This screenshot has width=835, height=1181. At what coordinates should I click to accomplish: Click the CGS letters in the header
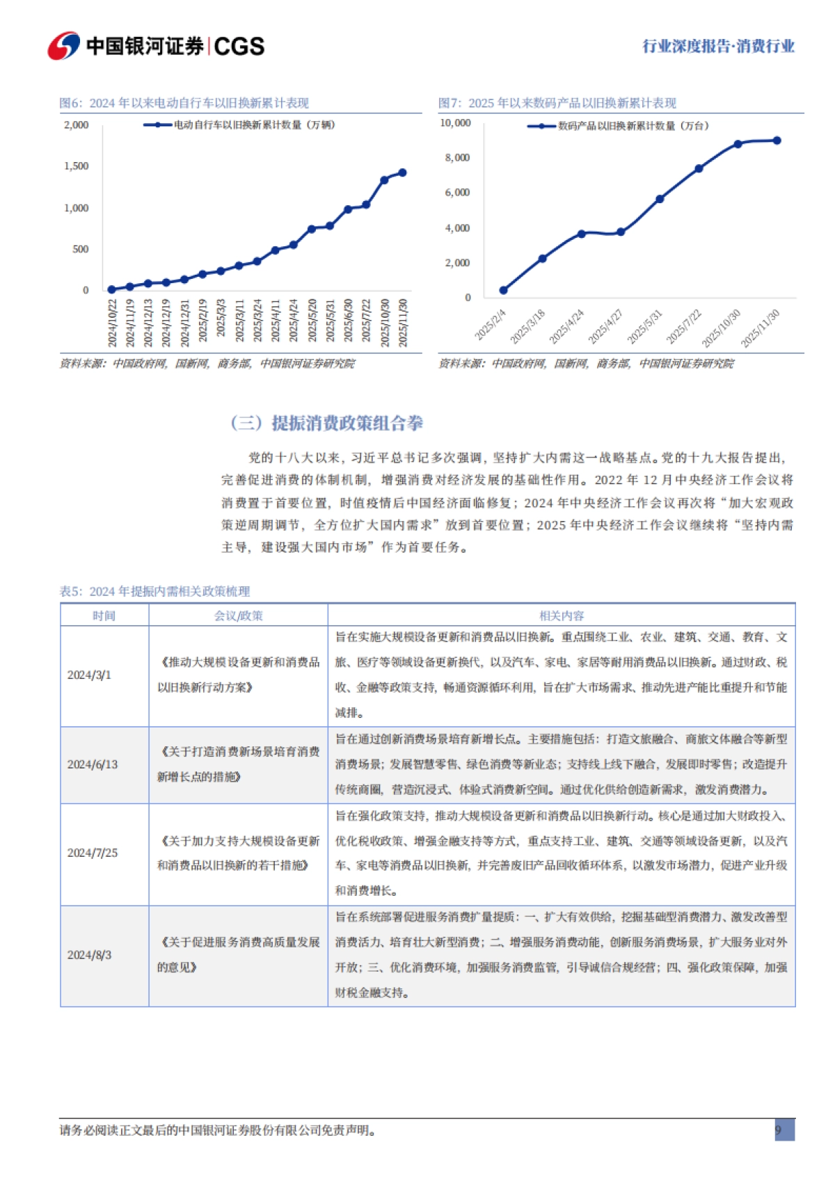coord(239,47)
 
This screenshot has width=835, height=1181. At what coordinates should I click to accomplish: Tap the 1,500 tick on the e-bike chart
coord(77,166)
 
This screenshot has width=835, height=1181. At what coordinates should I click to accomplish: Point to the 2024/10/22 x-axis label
coord(112,323)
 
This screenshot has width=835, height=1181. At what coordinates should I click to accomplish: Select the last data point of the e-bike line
coord(402,172)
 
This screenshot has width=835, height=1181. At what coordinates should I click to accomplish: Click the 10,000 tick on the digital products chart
coord(455,123)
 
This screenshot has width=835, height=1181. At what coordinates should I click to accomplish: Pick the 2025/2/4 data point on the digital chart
coord(504,290)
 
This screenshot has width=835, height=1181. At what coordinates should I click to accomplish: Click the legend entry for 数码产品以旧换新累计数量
coord(633,126)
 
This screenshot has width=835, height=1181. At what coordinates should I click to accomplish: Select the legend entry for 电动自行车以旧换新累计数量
coord(254,125)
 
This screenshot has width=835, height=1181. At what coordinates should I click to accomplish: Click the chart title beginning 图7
coord(557,103)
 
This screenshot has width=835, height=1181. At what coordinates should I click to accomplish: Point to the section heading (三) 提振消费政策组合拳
coord(326,423)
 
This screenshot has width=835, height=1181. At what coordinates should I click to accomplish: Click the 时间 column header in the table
coord(104,616)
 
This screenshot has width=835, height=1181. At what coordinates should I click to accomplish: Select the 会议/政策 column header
coord(238,616)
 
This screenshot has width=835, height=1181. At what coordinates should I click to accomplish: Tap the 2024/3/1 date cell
coord(89,675)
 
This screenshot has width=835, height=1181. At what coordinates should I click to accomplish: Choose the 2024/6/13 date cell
coord(93,764)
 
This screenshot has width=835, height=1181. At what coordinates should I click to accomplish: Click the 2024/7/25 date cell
coord(93,853)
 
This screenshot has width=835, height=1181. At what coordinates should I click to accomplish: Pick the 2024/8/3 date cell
coord(89,955)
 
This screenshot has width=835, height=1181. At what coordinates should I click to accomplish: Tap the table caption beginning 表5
coord(154,591)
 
